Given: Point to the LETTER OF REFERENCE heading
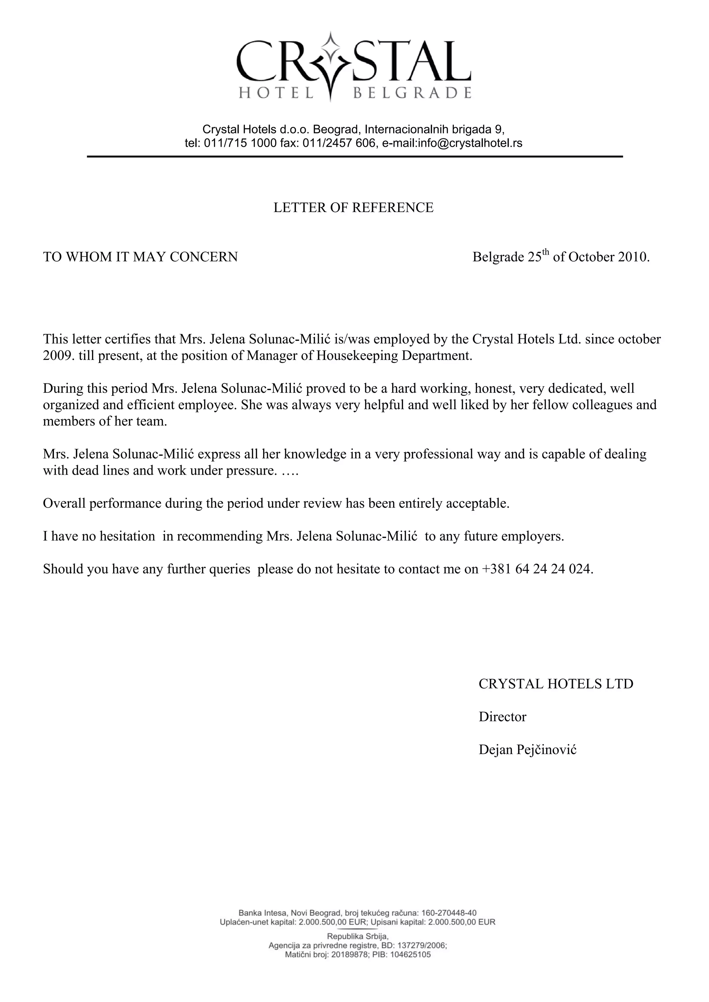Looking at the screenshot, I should [353, 208].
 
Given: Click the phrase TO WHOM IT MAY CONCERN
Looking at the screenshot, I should [140, 257].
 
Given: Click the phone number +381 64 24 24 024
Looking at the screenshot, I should [536, 569].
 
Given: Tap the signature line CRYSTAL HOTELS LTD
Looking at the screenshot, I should [556, 684].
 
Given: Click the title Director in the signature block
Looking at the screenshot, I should [503, 717].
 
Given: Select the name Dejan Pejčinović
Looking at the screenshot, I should [527, 750].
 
